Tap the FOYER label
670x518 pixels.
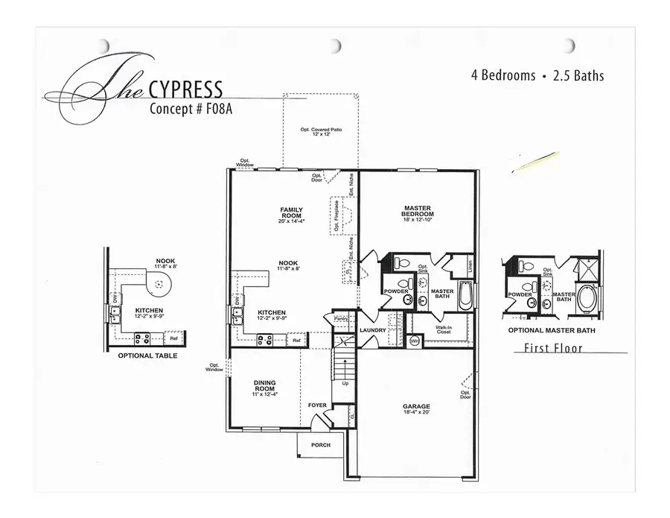click(x=317, y=405)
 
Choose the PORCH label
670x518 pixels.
click(x=320, y=445)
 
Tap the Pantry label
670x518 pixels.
click(x=340, y=318)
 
